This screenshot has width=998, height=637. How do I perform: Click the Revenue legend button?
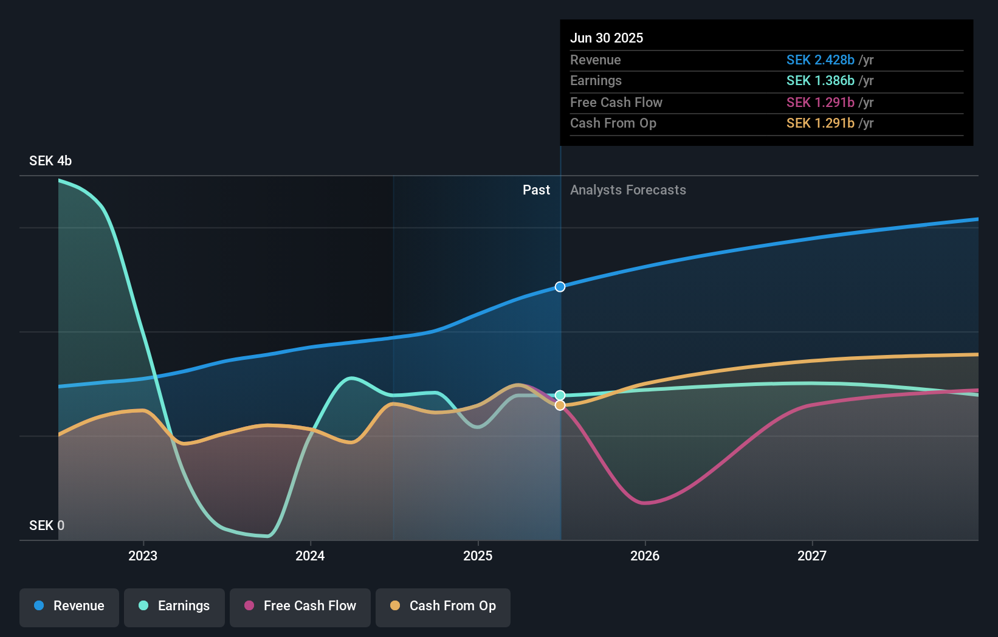69,606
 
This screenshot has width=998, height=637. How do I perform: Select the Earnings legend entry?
174,606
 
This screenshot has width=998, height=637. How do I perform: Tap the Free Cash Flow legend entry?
300,606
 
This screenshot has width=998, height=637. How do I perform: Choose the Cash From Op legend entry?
443,606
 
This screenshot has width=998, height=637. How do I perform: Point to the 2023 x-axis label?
143,556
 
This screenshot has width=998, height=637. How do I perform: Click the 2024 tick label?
310,556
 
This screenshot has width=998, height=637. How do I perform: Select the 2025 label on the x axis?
478,556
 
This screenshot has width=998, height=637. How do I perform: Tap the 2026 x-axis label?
645,556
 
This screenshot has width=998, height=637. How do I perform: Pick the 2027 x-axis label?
812,556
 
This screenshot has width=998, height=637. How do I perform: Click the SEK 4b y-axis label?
50,160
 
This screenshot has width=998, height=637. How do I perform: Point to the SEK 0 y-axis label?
47,525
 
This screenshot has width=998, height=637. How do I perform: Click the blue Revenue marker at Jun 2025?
560,287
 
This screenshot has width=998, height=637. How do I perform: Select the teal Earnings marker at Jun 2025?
560,395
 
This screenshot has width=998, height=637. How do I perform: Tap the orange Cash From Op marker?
560,405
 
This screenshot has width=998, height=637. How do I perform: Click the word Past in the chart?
536,190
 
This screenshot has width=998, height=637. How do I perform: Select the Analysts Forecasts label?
628,190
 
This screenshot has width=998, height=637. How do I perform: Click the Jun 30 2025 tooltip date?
607,38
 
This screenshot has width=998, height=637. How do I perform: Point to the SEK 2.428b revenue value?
821,60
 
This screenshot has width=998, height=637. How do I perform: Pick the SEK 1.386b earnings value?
821,81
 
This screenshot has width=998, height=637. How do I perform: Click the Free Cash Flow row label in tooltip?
616,102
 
